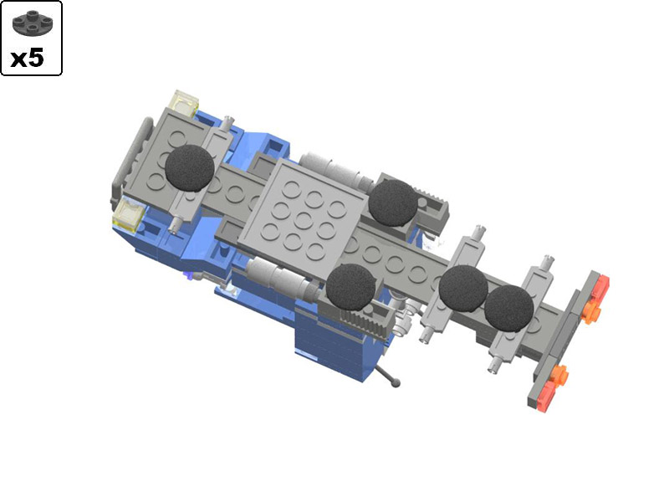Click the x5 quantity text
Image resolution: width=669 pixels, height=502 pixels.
tap(31, 58)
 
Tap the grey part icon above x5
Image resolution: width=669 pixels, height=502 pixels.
tap(31, 23)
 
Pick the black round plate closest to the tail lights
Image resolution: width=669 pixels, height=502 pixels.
tap(508, 308)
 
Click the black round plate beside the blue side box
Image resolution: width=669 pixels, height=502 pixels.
tap(350, 286)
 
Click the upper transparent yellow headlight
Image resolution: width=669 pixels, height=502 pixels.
tap(183, 104)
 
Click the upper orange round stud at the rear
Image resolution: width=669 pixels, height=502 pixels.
tap(592, 313)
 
